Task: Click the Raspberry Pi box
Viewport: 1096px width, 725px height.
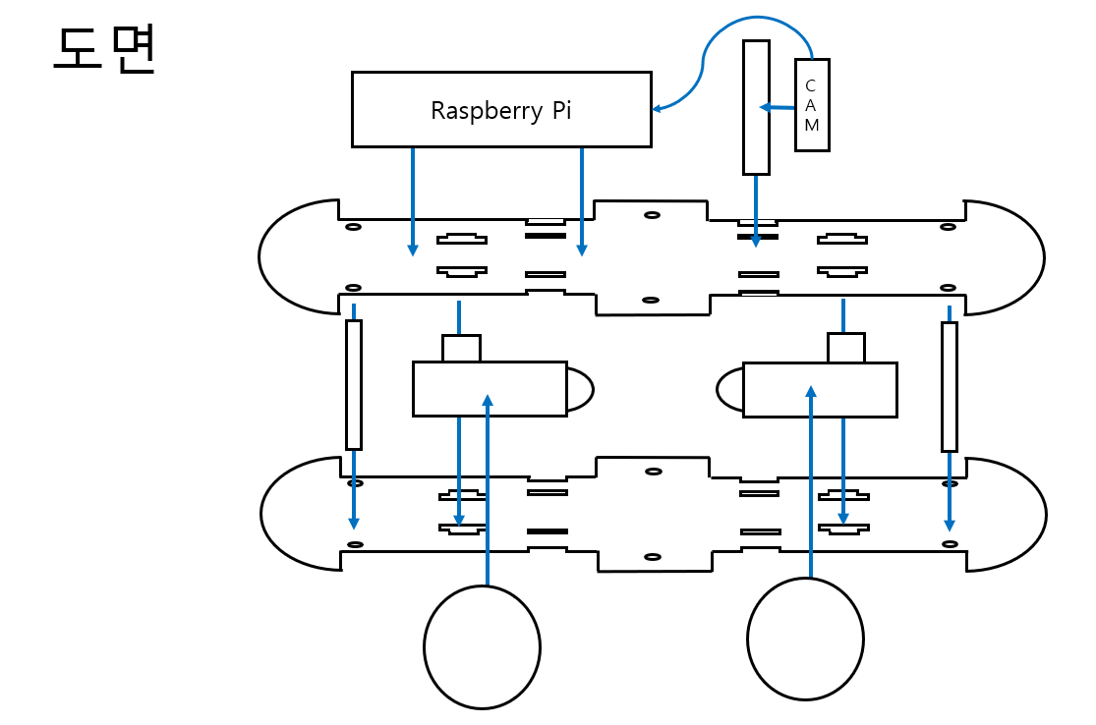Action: tap(501, 109)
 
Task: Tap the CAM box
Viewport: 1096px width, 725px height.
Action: tap(812, 105)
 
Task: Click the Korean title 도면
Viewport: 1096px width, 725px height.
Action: tap(104, 50)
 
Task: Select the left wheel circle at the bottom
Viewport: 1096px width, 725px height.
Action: tap(482, 646)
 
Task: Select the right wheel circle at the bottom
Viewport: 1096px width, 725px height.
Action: tap(805, 640)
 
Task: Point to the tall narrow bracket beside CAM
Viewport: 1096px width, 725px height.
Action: tap(756, 107)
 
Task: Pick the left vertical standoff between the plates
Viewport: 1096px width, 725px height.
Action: tap(354, 384)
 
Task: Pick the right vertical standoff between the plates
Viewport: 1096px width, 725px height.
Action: tap(950, 385)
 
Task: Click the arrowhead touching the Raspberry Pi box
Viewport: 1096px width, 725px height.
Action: tap(657, 108)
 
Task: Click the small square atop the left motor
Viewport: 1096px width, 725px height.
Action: tap(461, 349)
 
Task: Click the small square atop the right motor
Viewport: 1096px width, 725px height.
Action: tap(845, 348)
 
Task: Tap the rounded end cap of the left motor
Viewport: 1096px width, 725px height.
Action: tap(580, 389)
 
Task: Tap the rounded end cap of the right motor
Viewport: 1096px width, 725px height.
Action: tap(730, 389)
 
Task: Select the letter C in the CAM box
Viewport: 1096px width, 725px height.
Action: tap(811, 85)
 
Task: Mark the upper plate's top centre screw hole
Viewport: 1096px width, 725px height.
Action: tap(652, 214)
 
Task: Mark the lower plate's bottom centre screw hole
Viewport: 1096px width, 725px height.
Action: tap(653, 557)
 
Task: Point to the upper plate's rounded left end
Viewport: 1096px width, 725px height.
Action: tap(295, 257)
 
